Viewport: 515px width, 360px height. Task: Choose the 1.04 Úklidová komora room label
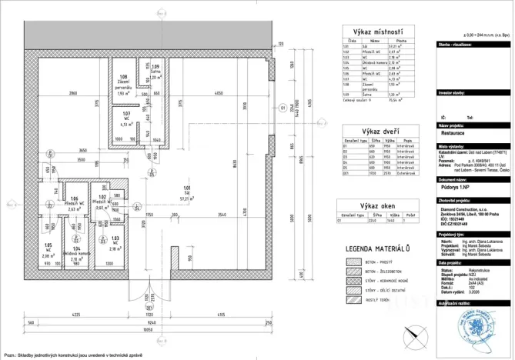(77, 254)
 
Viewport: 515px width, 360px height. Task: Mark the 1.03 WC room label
(114, 245)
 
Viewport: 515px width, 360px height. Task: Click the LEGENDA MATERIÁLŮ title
(377, 248)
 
